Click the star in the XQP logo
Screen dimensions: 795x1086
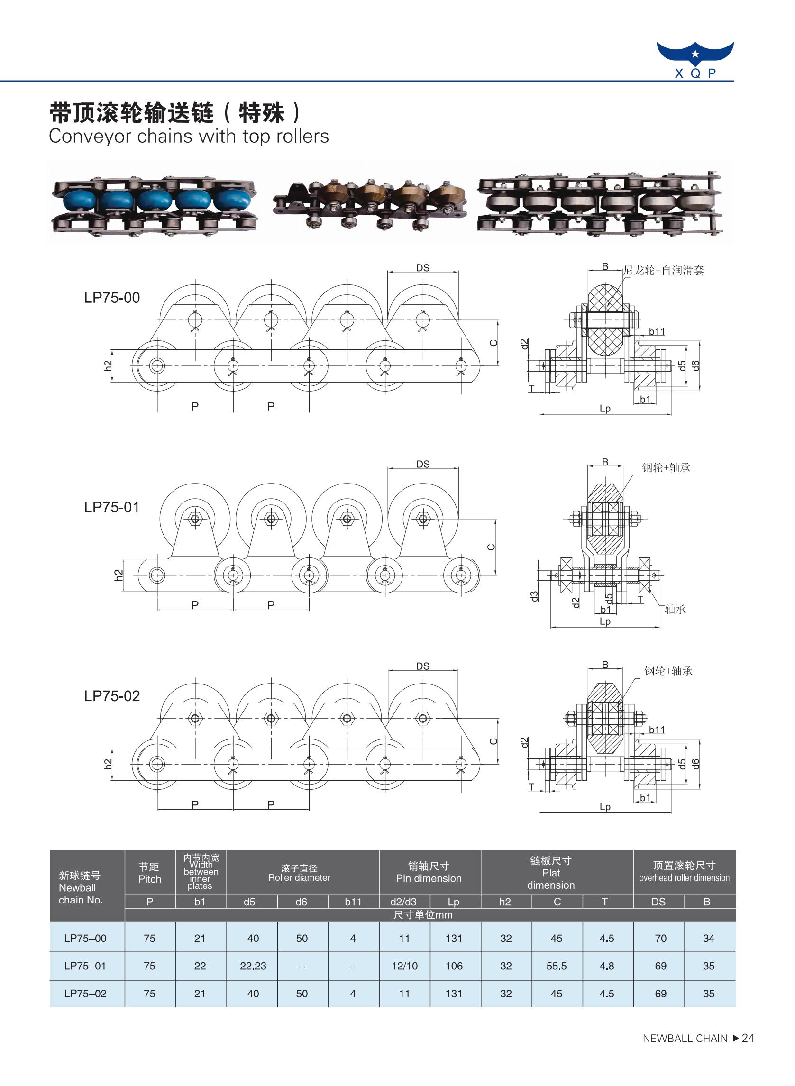695,54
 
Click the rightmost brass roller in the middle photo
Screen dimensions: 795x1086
447,195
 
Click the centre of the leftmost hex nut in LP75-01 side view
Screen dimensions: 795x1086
195,519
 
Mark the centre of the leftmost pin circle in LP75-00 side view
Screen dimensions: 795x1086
157,365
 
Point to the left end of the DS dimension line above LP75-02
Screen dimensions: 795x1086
388,670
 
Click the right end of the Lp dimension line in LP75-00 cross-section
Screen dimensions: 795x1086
672,414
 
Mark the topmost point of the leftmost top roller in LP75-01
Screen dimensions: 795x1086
195,484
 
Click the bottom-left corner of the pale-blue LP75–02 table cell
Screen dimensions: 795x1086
50,1007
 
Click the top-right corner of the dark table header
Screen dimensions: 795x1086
736,850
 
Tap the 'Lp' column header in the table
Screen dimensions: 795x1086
453,902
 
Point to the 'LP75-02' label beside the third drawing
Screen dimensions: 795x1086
112,696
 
